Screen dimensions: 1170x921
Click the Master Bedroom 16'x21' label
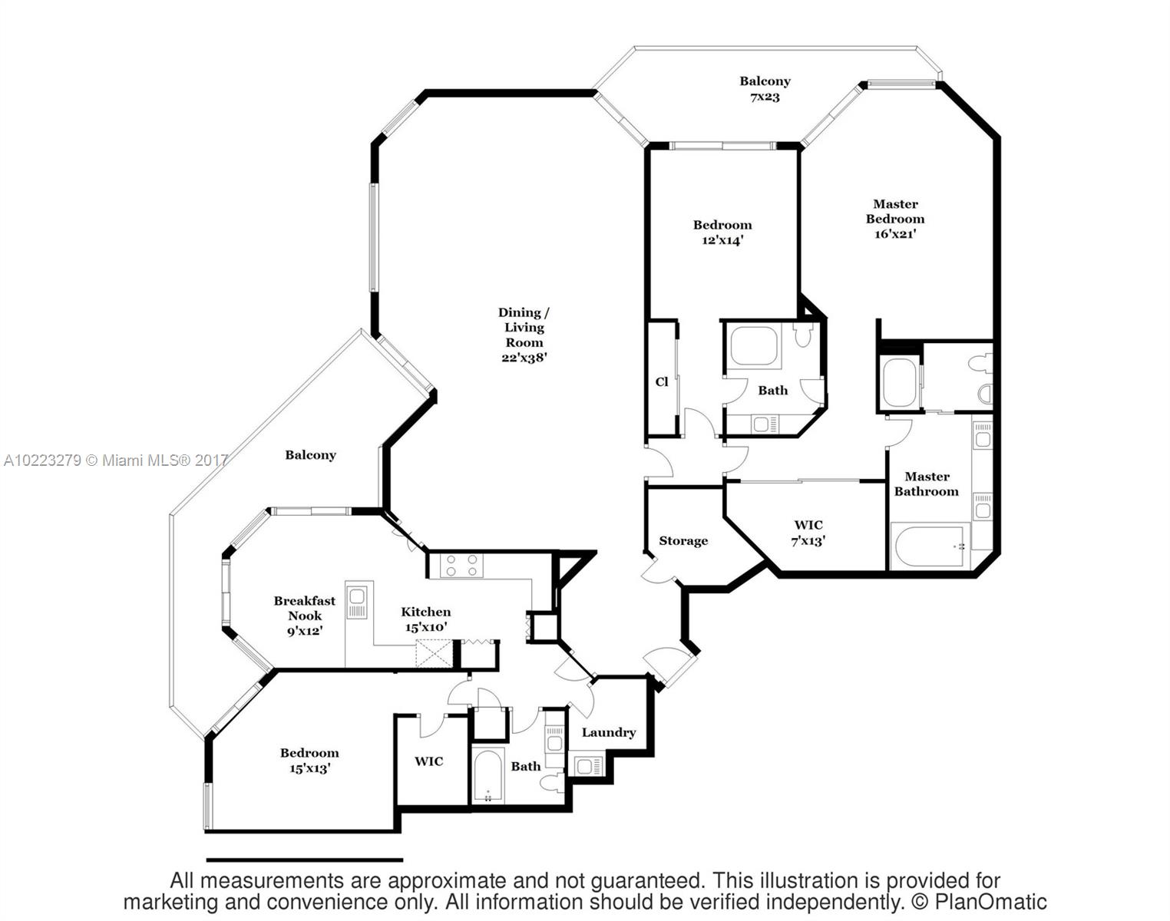tap(895, 219)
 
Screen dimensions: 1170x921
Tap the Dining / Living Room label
tap(524, 335)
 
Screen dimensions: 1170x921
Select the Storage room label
tap(683, 540)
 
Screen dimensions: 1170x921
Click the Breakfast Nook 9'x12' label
tap(305, 616)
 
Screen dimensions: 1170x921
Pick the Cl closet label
tap(662, 381)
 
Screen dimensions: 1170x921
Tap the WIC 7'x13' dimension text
tap(808, 541)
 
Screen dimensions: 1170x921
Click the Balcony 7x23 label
tap(765, 88)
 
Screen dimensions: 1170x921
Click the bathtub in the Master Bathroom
tap(930, 546)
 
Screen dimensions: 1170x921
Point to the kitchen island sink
tap(357, 602)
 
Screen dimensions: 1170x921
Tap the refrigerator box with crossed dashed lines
tap(434, 653)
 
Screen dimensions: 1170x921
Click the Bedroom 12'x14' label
tap(722, 232)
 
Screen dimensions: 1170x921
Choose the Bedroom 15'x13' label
tap(310, 760)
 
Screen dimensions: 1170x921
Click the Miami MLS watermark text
tap(116, 460)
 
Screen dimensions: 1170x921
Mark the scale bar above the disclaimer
tap(305, 860)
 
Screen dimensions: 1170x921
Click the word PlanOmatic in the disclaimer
tap(990, 902)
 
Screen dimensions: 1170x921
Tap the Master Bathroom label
tap(927, 484)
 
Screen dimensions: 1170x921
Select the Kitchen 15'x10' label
tap(426, 619)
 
